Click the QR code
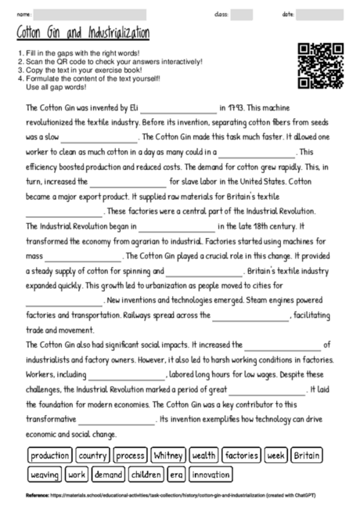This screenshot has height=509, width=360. point(319,66)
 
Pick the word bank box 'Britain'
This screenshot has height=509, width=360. point(307,456)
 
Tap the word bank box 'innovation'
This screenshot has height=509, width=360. point(211,475)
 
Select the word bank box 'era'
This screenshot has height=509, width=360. point(177,475)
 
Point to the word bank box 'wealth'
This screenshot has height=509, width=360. point(203,456)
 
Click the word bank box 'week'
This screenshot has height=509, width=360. point(275,456)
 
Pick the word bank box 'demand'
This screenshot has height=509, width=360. point(108,475)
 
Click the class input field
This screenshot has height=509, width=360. point(242,14)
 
